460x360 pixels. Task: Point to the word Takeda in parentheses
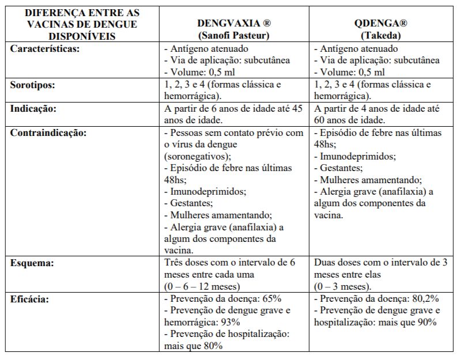pos(381,35)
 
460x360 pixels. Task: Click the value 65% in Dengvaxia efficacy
pos(270,299)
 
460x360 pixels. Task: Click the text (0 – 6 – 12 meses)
pos(201,286)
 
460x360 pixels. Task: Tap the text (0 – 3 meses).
pos(343,286)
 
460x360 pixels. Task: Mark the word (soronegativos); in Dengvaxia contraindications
pos(198,156)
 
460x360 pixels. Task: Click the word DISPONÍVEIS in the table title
pos(77,36)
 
